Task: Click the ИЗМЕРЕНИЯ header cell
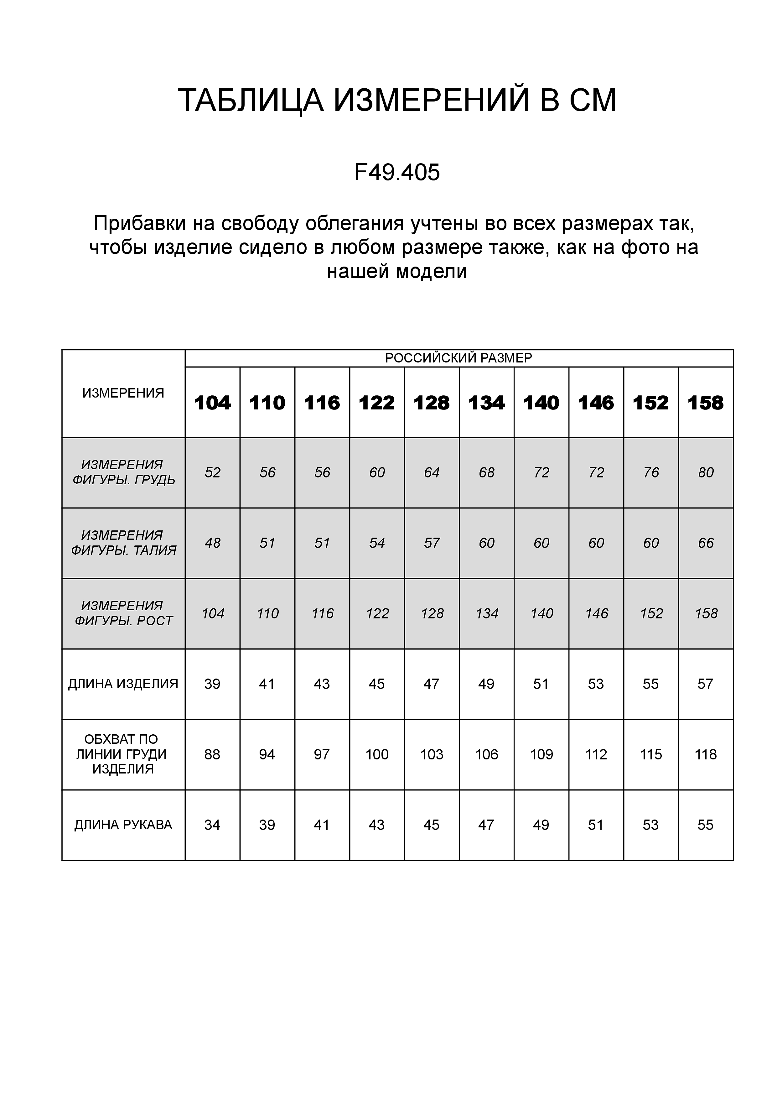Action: pos(123,393)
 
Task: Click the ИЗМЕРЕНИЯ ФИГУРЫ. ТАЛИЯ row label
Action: pos(123,543)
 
